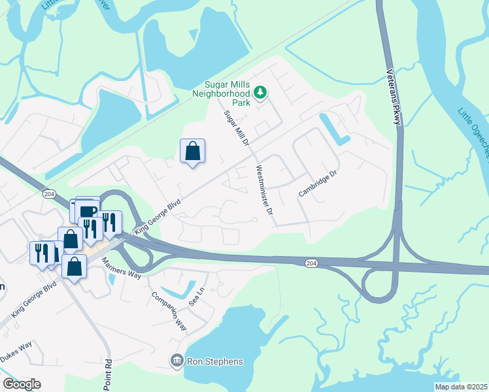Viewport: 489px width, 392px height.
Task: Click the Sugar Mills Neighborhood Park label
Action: click(x=230, y=93)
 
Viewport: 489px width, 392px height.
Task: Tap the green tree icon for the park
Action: click(x=261, y=93)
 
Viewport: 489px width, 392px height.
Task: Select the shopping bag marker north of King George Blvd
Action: click(x=193, y=152)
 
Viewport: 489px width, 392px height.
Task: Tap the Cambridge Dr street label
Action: click(x=317, y=184)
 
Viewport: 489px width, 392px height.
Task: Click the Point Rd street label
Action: click(x=108, y=374)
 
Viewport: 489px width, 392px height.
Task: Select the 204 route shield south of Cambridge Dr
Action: click(x=311, y=263)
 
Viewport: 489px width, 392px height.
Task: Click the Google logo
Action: click(x=22, y=384)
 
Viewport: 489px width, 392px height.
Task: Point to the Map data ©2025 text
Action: click(x=461, y=387)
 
